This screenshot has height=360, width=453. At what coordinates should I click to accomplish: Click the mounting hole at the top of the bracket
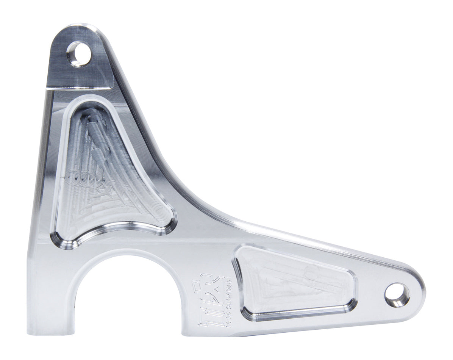(79, 54)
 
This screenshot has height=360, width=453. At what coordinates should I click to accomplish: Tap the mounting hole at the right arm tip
(397, 295)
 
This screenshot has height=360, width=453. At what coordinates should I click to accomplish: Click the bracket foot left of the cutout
(49, 303)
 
